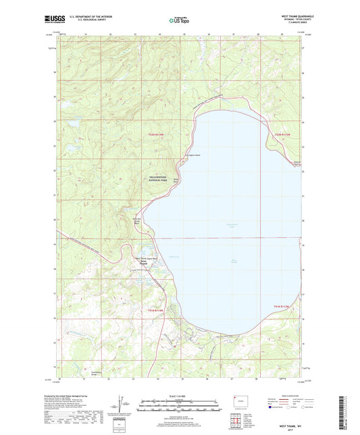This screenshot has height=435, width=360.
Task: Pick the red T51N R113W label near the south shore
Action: tap(284, 307)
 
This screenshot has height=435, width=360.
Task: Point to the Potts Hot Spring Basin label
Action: tap(138, 219)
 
